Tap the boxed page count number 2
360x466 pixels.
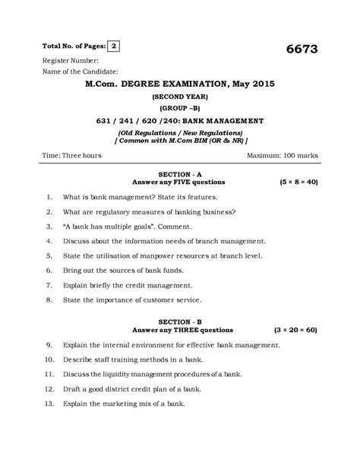(114, 45)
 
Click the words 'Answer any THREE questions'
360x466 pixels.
(183, 331)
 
